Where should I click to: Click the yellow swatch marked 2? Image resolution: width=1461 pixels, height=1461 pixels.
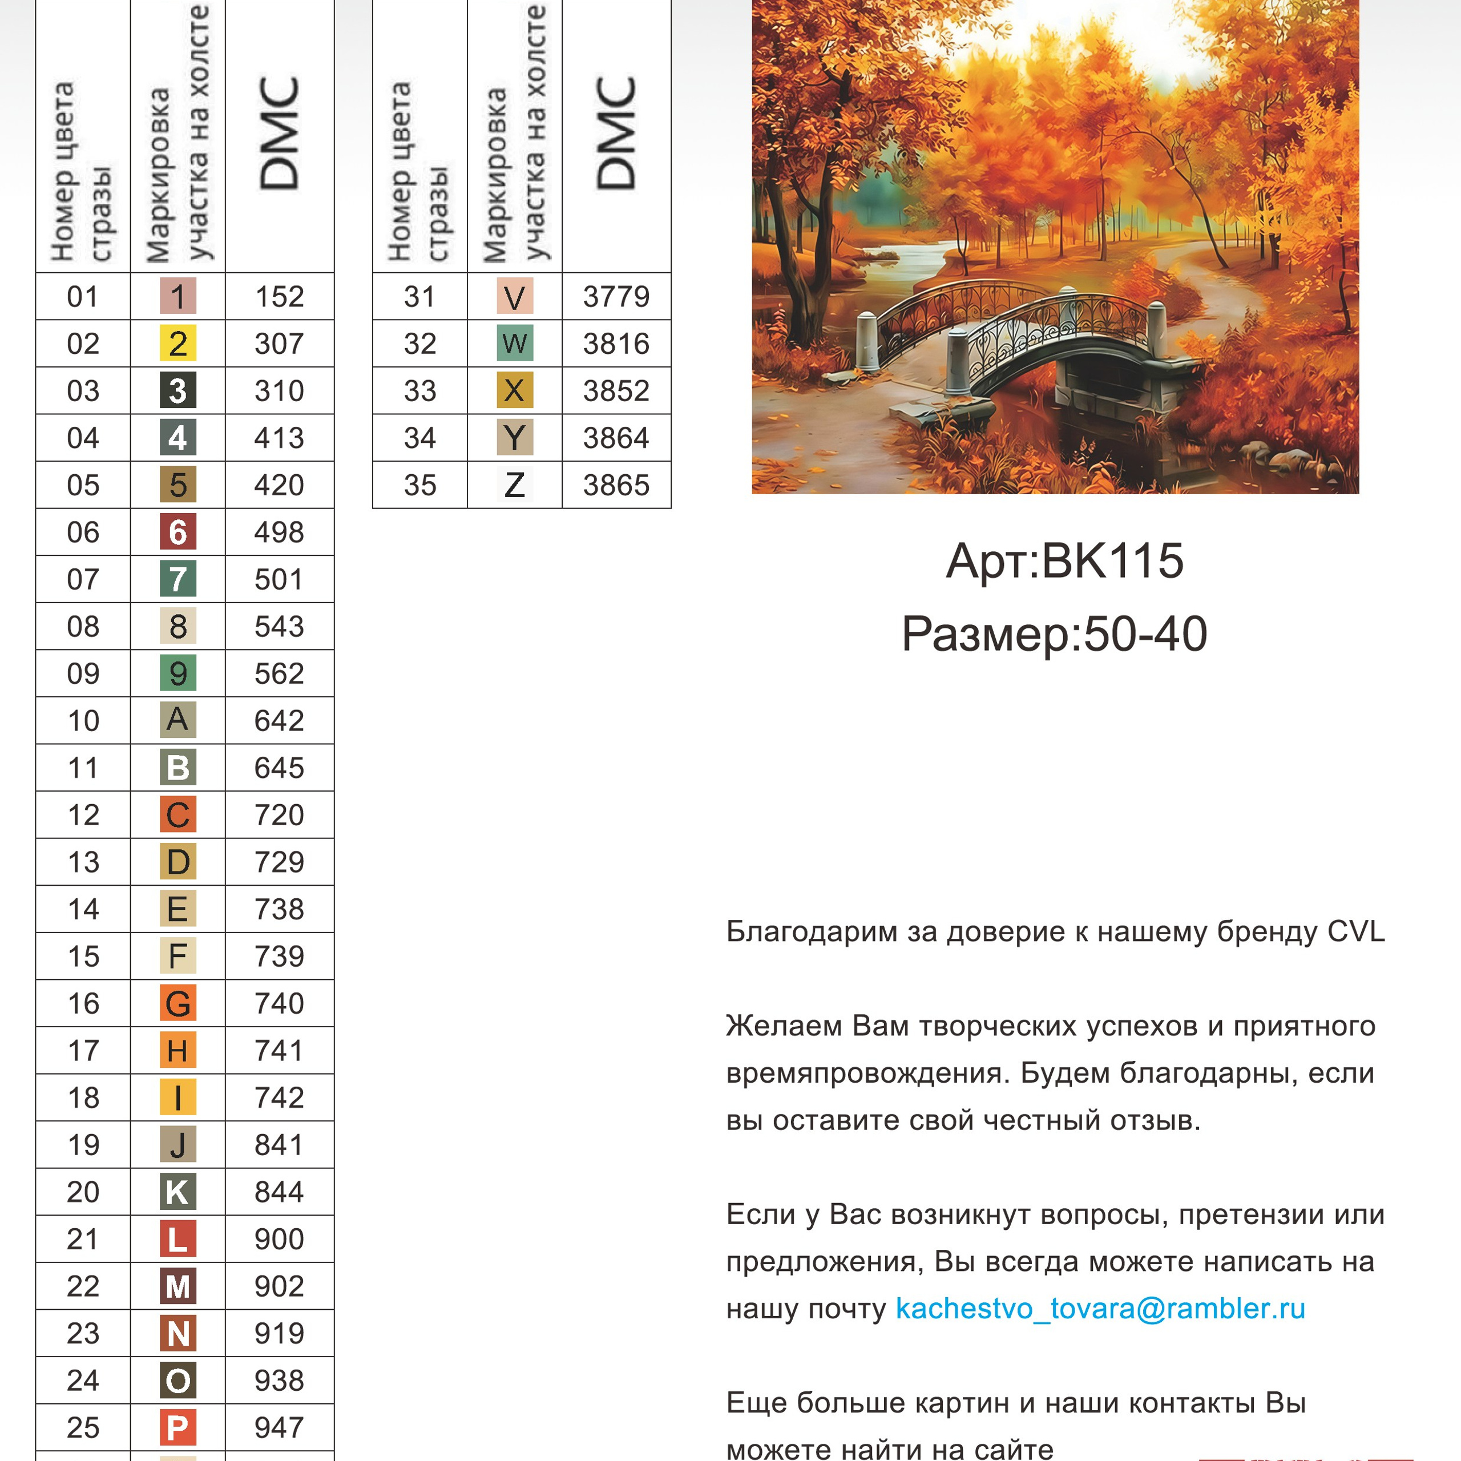(177, 344)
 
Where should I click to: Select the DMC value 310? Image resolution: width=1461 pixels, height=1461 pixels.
(279, 391)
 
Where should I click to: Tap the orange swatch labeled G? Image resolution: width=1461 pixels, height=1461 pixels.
(177, 1003)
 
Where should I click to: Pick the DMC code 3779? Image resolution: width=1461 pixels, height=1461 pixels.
(616, 296)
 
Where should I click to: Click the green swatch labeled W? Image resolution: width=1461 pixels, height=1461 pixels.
(514, 344)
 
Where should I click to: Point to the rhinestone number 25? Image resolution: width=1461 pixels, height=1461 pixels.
(83, 1427)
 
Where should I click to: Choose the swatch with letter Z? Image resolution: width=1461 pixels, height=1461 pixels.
(514, 485)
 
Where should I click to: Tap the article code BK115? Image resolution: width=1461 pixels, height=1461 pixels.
(1112, 561)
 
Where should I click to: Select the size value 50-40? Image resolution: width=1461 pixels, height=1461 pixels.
(1145, 633)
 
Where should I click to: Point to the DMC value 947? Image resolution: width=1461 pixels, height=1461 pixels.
(279, 1427)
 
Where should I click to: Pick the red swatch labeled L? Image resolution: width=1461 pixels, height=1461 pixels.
(177, 1238)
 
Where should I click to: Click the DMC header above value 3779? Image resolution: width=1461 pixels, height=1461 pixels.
(616, 135)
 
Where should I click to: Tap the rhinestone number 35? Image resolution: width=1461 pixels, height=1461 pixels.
(419, 485)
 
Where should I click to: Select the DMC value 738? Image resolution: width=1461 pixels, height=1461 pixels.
(279, 909)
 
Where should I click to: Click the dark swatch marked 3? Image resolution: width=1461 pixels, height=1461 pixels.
(177, 391)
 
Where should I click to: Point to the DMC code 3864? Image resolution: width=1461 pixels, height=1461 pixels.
(616, 438)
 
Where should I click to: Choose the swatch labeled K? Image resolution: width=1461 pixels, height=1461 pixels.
(177, 1192)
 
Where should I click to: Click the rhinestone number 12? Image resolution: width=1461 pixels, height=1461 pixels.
(83, 814)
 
